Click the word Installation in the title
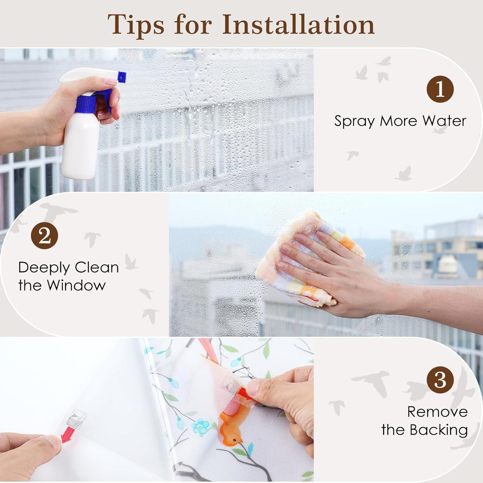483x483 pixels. click(x=298, y=25)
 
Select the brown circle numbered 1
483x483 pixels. click(x=440, y=89)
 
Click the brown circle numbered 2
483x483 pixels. click(x=44, y=235)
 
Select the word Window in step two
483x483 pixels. click(x=77, y=285)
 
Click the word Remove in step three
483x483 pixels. click(x=438, y=411)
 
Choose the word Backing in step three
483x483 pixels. click(x=438, y=431)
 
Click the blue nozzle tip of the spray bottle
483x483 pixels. click(x=122, y=77)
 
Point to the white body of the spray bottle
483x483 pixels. click(x=80, y=148)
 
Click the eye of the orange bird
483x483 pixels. click(x=234, y=440)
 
